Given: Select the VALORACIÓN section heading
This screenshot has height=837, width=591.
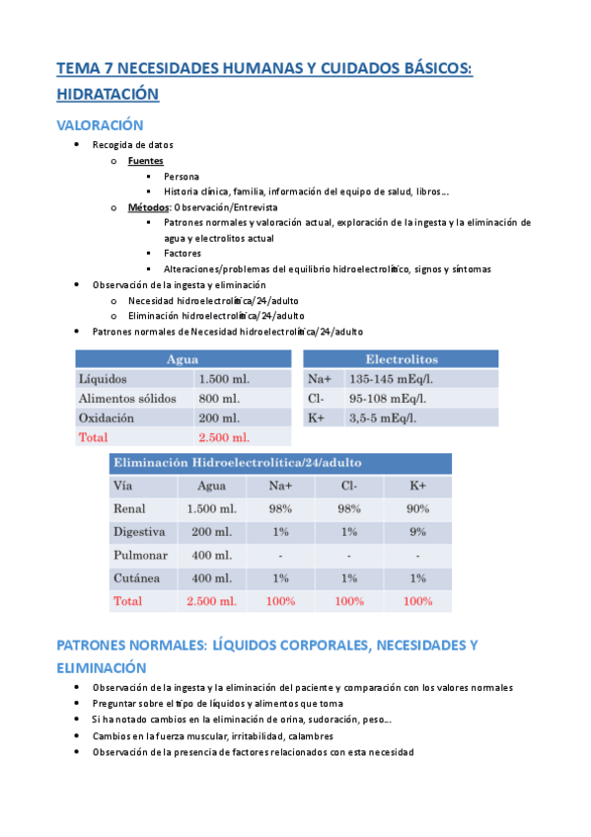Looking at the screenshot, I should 100,125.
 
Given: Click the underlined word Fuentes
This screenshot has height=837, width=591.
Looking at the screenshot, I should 146,160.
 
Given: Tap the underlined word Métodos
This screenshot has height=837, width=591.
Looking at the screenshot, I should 149,207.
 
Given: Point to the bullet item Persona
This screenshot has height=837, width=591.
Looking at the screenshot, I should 182,176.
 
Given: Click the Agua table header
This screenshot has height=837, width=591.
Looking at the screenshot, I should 183,359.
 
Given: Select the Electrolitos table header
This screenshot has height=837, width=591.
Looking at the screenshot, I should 402,359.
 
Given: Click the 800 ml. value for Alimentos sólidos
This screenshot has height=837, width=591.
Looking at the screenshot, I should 217,399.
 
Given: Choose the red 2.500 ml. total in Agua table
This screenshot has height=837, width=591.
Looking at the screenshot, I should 224,437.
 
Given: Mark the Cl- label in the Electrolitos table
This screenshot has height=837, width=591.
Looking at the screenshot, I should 317,399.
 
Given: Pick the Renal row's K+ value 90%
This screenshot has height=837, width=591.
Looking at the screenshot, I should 417,508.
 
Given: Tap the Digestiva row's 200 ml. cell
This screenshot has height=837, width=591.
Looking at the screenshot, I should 211,532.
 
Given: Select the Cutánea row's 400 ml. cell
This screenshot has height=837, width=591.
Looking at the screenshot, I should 211,577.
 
